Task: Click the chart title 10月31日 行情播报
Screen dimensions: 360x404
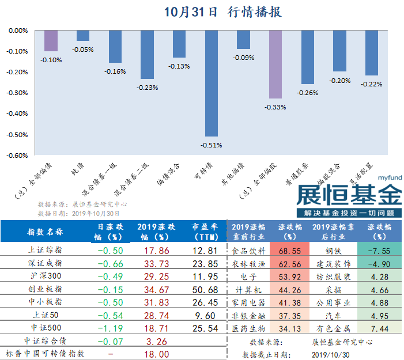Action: pos(223,12)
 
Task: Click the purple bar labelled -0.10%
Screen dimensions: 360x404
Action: pos(51,40)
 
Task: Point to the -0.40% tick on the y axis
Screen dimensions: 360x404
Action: pos(17,113)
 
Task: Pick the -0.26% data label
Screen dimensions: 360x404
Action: pos(307,93)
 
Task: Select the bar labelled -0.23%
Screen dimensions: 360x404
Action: pos(148,54)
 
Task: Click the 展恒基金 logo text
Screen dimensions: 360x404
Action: pos(349,195)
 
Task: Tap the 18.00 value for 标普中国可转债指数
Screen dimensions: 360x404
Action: pos(156,354)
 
